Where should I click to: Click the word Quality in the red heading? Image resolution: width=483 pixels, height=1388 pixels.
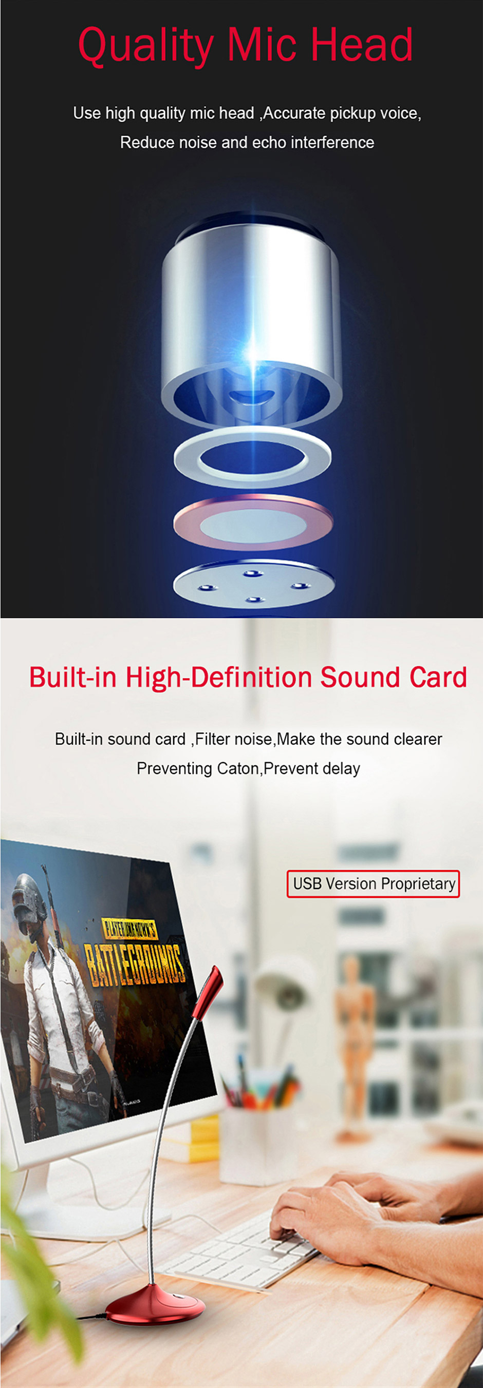click(145, 46)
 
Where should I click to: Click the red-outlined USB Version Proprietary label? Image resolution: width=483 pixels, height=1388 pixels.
click(373, 883)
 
